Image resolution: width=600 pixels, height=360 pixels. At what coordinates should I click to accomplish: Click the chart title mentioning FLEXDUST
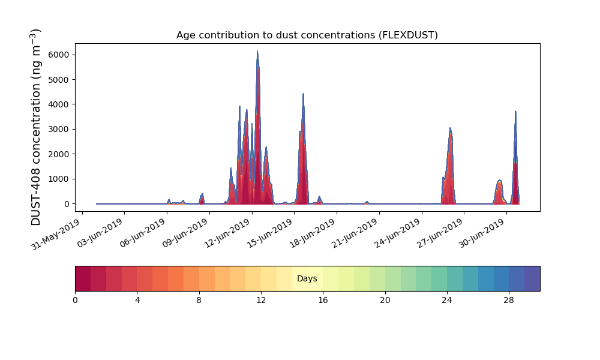click(307, 35)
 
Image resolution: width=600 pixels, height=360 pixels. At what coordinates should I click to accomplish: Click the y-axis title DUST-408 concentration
click(35, 127)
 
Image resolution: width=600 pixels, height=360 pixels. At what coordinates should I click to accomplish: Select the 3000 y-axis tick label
click(59, 130)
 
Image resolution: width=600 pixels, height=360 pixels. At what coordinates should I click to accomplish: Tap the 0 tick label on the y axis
click(67, 204)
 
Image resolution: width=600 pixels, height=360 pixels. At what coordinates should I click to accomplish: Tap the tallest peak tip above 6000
click(257, 51)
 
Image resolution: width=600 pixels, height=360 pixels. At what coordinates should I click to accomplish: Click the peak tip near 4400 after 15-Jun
click(303, 94)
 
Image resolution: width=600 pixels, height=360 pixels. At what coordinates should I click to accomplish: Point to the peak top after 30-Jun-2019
click(515, 112)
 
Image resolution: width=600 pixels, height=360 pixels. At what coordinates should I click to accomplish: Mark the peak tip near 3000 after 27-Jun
click(450, 128)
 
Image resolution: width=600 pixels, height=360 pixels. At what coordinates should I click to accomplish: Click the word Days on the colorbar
click(307, 278)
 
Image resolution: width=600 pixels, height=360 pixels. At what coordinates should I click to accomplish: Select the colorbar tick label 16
click(323, 301)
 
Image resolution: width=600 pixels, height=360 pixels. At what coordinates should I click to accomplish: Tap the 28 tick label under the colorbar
click(509, 301)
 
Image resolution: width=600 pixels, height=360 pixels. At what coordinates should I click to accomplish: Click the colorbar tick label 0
click(75, 301)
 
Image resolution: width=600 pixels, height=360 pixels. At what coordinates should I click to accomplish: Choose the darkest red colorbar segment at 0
click(83, 278)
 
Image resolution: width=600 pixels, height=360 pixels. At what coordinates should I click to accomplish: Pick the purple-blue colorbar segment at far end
click(532, 278)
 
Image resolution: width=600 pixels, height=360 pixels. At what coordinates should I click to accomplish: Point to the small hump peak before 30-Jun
click(499, 180)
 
